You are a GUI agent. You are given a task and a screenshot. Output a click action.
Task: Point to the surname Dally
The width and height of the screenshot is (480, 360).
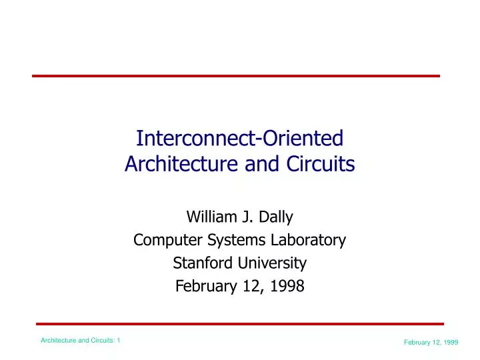tap(275, 217)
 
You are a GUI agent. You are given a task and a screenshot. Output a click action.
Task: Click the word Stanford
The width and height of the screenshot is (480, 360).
tap(199, 263)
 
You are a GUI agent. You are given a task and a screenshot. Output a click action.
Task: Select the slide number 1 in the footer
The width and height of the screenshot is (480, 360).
tap(118, 341)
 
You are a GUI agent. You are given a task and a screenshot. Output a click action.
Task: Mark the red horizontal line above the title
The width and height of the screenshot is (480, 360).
tap(236, 76)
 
